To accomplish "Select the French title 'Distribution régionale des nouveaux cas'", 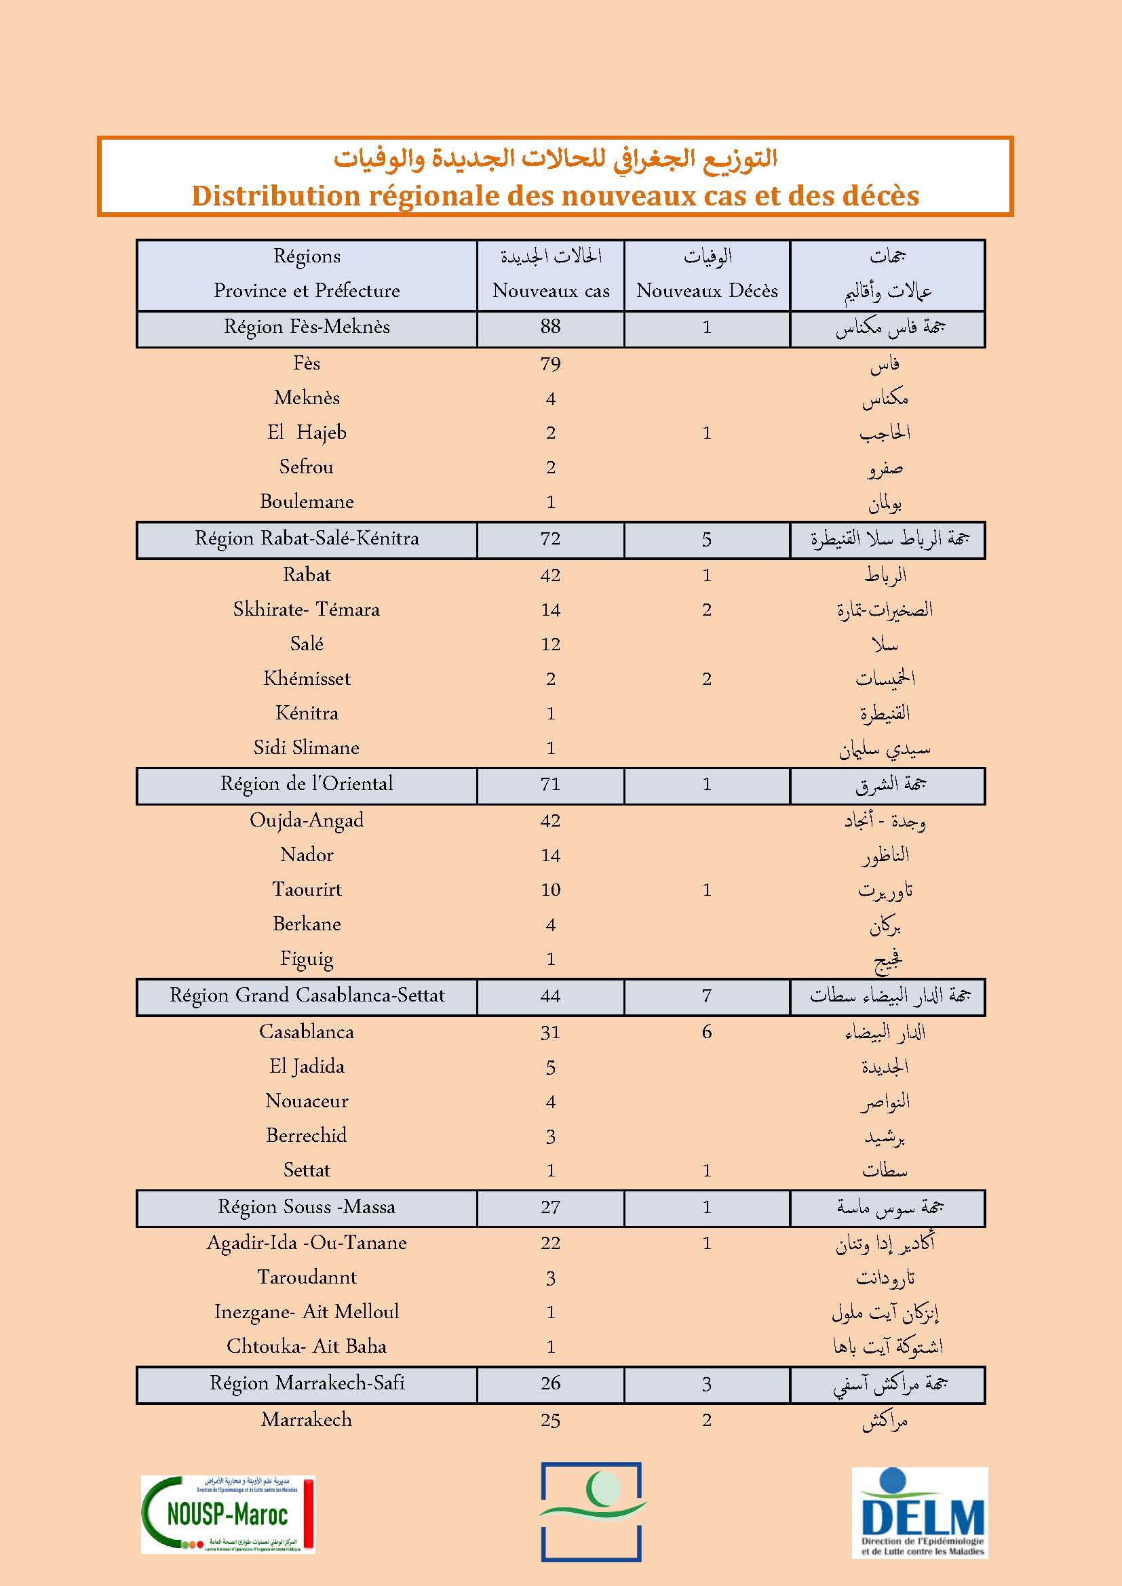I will pos(555,195).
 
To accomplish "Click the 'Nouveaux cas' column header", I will pos(551,291).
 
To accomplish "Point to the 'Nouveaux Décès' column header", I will pos(707,291).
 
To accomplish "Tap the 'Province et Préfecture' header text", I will pos(307,291).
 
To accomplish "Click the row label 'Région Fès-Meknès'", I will pos(307,327).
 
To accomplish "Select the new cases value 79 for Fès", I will pos(551,364).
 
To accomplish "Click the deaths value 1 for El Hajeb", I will pos(707,433).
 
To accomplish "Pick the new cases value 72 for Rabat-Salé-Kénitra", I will pos(551,539).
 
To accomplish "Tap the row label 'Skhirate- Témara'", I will pos(307,610).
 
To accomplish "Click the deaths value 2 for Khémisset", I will pos(707,679).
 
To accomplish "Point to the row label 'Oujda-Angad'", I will pos(307,820).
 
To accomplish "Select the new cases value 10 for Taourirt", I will pos(551,890).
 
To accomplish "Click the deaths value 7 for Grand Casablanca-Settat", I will pos(707,995).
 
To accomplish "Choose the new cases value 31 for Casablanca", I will pos(551,1032).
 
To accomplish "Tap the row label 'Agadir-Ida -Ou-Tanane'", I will pos(307,1243).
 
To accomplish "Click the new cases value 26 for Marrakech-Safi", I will pos(551,1383).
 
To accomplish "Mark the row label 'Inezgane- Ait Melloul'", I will pos(307,1312).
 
